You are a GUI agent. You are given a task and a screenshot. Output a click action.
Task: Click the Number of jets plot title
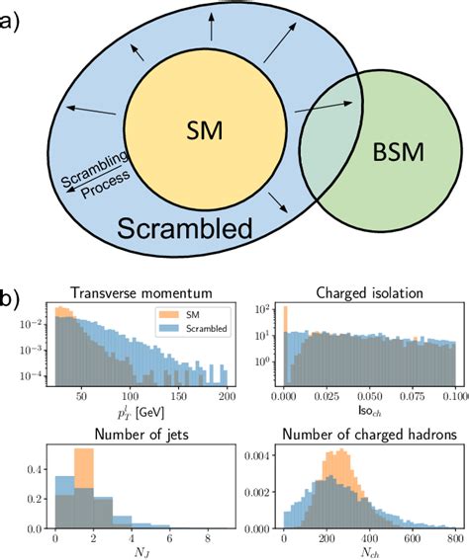click(x=135, y=431)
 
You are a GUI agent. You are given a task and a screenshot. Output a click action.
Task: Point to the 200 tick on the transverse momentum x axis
click(x=227, y=400)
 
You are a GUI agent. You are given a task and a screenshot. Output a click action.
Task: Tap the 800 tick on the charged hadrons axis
click(x=450, y=540)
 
